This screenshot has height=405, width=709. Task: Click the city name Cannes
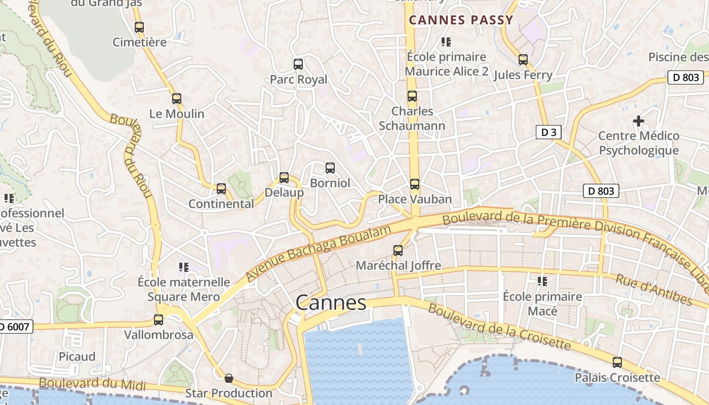[331, 303]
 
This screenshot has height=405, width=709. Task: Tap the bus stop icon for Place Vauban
[415, 184]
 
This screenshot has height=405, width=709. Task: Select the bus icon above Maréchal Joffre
[398, 250]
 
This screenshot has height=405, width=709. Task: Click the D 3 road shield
[548, 133]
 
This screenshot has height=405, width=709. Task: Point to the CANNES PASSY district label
[461, 20]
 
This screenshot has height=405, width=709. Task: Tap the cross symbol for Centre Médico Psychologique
[639, 121]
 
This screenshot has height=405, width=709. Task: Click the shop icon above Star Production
[229, 378]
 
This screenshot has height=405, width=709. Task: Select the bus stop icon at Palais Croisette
[617, 362]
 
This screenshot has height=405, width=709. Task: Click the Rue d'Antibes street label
[653, 289]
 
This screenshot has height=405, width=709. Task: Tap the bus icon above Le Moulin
[177, 99]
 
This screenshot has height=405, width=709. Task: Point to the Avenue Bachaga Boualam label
[319, 253]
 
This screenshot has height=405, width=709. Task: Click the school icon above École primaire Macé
[542, 281]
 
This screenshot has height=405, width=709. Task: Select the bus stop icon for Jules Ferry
[523, 60]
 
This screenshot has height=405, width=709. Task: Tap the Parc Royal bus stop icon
[298, 64]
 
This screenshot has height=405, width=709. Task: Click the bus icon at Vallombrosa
[159, 320]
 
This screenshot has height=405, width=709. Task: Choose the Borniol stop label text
[330, 183]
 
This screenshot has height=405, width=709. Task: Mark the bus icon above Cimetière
[139, 27]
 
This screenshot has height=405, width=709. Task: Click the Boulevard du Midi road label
[92, 384]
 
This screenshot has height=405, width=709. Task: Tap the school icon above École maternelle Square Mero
[184, 267]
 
